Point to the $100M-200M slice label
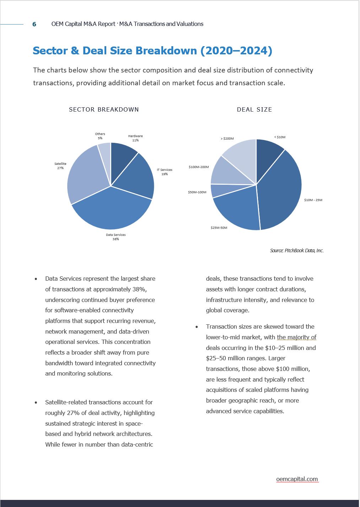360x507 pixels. coord(199,167)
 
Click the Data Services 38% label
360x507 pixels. coord(115,237)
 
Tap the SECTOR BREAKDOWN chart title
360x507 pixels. coord(104,109)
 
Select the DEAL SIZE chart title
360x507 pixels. coord(254,109)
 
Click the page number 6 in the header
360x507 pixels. coord(34,24)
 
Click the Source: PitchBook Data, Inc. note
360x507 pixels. coord(297,250)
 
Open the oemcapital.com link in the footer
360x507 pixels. coord(297,479)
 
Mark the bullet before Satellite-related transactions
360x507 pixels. coord(36,403)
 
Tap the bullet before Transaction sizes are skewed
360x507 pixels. coord(197,327)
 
